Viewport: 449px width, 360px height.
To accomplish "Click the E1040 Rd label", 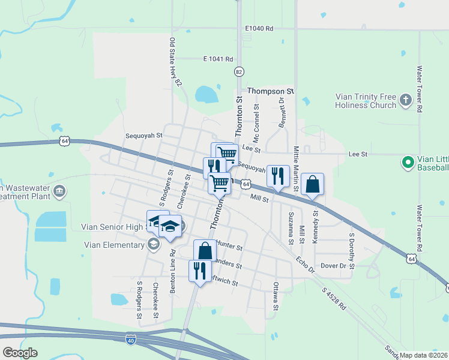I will point(259,28).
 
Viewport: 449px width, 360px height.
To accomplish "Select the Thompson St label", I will point(271,91).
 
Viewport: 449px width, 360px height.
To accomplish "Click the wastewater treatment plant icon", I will point(59,191).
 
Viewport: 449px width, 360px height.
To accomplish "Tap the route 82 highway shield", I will point(240,71).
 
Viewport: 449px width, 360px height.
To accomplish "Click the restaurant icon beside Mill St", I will point(277,176).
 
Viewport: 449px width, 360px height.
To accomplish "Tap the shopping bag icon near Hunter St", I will point(205,250).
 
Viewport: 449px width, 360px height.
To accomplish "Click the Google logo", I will point(20,353).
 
